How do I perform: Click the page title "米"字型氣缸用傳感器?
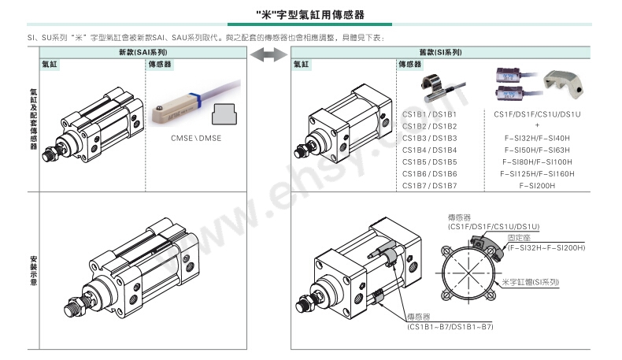tap(310, 15)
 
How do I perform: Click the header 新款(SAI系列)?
tap(143, 52)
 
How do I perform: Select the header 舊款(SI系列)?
tap(440, 52)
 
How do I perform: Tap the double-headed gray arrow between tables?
tap(268, 55)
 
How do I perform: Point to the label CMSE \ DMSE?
tap(196, 138)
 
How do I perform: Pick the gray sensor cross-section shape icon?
tap(224, 114)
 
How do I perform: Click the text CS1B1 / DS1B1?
tap(430, 114)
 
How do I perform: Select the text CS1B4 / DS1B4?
tap(430, 150)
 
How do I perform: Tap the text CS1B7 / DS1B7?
tap(430, 186)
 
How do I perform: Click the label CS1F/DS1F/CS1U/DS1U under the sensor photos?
tap(537, 114)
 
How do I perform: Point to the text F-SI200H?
tap(537, 186)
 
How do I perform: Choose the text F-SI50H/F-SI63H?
tap(537, 150)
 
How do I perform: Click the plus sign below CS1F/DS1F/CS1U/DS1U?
tap(537, 125)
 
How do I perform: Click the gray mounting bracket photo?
tap(564, 84)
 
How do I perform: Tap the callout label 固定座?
tap(519, 238)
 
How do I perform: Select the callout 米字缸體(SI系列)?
tap(531, 282)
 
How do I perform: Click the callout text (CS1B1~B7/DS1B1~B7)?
tap(450, 327)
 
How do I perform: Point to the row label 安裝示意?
tap(33, 271)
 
